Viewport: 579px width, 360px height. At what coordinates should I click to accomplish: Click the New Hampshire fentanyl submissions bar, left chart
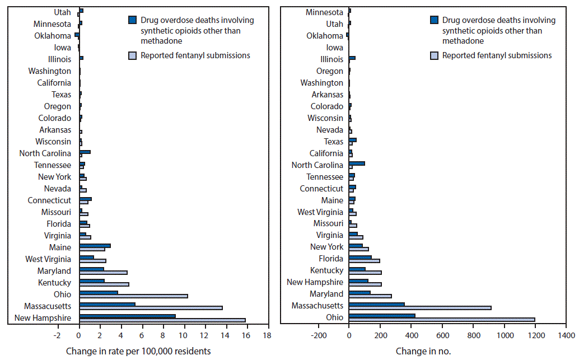[x=162, y=320]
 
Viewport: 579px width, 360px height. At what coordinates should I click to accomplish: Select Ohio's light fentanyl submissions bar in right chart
[x=442, y=320]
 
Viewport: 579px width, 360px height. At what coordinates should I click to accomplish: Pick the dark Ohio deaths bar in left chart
[x=99, y=293]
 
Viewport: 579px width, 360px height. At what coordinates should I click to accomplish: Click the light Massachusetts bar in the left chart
[x=151, y=308]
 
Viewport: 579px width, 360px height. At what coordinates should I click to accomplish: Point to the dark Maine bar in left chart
[x=95, y=246]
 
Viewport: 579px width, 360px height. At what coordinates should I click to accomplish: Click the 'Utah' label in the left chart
[x=62, y=12]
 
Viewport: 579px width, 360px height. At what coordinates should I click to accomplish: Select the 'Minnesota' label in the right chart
[x=325, y=12]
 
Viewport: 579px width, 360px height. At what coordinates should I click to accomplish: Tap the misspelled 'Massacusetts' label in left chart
[x=48, y=306]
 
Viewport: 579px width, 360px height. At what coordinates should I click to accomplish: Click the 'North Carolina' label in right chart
[x=317, y=165]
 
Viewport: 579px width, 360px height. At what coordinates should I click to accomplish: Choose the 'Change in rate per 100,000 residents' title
[x=138, y=352]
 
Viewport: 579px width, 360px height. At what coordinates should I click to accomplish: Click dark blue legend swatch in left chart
[x=132, y=20]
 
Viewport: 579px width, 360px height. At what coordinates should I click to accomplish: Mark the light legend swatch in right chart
[x=434, y=55]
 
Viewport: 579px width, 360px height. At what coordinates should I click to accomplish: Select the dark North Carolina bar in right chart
[x=357, y=163]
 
